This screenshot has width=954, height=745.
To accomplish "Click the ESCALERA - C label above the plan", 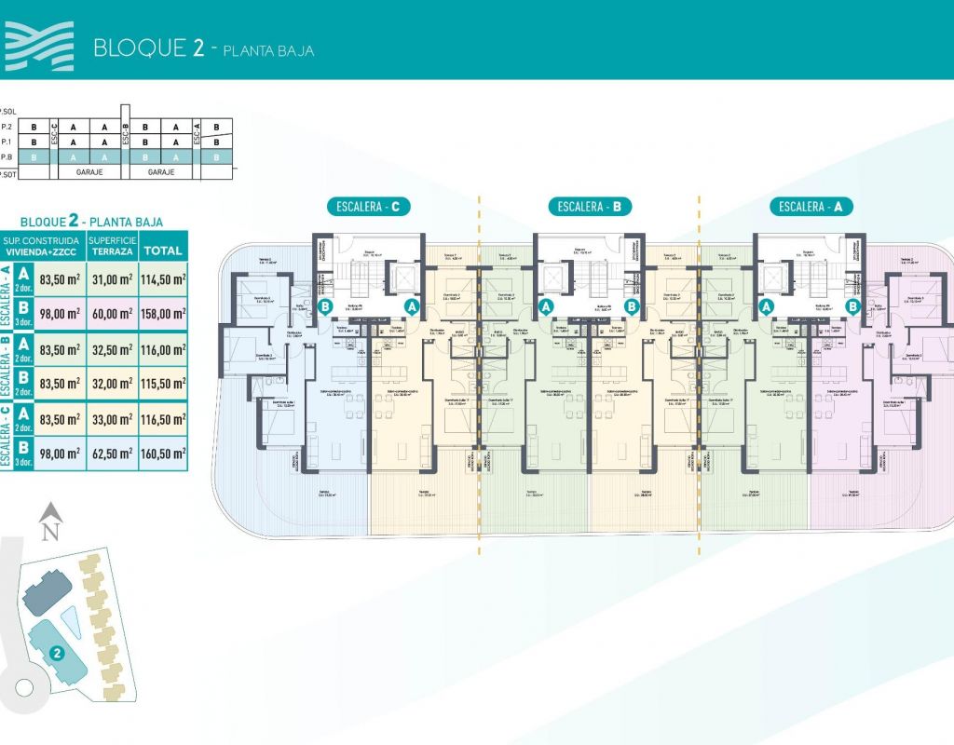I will (369, 207).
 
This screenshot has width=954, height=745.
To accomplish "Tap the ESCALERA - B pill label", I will (590, 207).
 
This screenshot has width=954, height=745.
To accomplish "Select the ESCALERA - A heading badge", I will (810, 207).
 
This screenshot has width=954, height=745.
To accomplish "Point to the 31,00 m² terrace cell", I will (110, 278).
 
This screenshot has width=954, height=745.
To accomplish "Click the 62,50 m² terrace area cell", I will (110, 454).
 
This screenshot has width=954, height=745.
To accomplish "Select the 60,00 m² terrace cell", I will (110, 314).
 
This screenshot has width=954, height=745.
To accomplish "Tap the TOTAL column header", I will (164, 251).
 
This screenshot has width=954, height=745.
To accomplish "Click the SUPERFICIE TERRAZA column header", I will (110, 246).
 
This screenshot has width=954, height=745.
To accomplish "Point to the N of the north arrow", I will (50, 532).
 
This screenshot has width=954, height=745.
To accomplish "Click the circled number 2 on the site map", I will (57, 653).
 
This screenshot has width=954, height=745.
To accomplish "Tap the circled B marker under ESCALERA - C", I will (326, 305).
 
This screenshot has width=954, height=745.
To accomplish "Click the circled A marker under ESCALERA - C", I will (412, 305).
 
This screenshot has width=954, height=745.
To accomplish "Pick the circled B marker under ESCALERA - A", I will (852, 305).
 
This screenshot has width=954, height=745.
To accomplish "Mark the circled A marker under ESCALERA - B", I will (546, 305).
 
